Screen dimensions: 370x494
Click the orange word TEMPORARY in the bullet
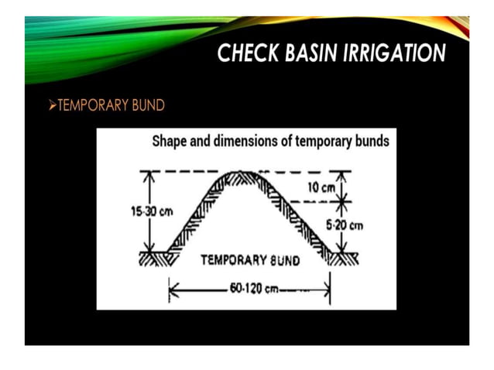pos(93,105)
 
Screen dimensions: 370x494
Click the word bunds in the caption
pos(371,142)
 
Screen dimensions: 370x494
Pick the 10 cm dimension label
pos(321,188)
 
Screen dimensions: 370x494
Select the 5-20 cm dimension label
pos(345,225)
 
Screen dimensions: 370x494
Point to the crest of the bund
pos(245,174)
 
